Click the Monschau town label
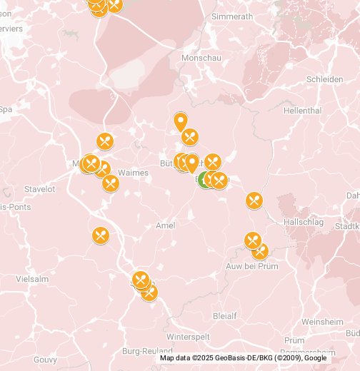202,57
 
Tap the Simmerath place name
233,16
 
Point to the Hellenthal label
302,111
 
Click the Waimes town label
132,172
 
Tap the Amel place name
165,225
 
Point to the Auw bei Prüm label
266,266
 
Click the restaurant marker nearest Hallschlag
254,200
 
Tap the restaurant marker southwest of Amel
101,235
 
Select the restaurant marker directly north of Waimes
106,141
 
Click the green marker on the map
204,180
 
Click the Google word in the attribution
315,358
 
